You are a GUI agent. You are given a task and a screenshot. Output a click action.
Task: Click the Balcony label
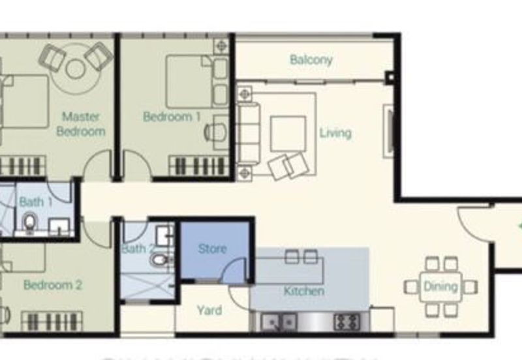[311, 59]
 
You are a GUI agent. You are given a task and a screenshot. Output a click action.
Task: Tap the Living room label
[335, 133]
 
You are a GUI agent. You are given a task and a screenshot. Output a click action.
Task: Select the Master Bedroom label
[81, 124]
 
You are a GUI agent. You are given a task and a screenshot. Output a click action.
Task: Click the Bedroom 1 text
[172, 117]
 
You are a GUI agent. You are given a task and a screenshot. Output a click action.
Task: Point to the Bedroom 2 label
[53, 285]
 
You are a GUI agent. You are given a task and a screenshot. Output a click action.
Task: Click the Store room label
[212, 248]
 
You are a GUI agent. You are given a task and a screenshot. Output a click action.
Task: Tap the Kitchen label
[304, 291]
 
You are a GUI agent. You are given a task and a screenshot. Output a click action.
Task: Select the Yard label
[209, 310]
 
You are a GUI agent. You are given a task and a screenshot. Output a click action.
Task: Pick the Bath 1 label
[36, 202]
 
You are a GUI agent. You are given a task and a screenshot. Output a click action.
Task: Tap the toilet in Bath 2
[159, 260]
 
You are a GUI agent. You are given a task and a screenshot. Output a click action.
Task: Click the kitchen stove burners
[347, 321]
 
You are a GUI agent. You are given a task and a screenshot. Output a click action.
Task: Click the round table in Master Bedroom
[76, 68]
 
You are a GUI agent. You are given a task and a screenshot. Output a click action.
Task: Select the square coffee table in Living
[288, 132]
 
